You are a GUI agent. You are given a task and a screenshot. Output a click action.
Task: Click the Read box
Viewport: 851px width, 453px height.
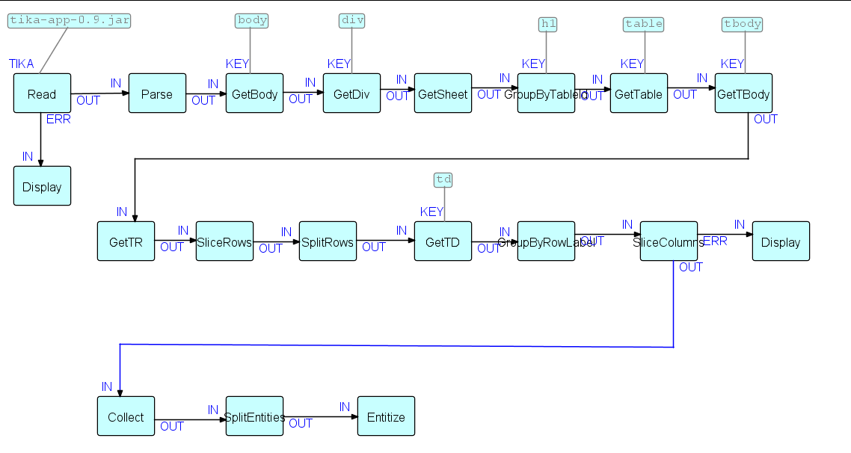[42, 93]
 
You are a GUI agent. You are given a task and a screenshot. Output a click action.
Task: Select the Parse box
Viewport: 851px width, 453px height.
[157, 93]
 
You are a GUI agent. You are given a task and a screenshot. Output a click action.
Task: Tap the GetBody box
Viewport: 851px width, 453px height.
[254, 93]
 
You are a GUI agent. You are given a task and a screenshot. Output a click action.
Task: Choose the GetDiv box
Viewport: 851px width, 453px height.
[351, 93]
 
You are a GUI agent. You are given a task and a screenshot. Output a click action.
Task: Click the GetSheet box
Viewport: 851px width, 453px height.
[443, 93]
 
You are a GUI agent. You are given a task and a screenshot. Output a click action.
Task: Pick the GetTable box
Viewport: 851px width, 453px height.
[639, 93]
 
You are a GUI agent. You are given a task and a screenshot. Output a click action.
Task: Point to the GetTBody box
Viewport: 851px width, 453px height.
[743, 93]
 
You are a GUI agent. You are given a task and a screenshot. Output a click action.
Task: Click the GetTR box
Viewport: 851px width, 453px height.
[126, 241]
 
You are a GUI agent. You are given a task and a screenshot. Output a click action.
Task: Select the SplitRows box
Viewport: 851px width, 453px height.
[328, 241]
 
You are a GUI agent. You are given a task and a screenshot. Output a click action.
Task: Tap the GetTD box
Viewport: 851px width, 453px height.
[443, 241]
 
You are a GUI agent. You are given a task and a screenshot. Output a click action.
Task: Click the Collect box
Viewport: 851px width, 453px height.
[126, 416]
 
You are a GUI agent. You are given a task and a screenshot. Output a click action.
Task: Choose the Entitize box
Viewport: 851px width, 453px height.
[386, 416]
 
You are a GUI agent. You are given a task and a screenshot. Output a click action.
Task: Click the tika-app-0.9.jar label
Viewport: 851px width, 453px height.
[70, 20]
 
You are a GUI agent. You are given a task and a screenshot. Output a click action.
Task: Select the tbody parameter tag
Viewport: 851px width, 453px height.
[743, 24]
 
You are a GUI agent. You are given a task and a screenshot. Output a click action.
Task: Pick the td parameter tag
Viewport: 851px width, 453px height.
[443, 179]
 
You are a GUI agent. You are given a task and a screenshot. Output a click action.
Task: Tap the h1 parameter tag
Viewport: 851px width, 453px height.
[548, 24]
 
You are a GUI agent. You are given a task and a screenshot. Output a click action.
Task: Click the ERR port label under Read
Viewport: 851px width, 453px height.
[58, 120]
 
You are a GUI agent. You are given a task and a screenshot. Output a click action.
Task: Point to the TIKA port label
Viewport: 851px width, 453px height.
[22, 64]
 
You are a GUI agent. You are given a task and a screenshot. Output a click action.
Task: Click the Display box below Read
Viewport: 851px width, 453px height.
[42, 186]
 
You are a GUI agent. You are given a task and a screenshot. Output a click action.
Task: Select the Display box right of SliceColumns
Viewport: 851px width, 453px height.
[781, 241]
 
